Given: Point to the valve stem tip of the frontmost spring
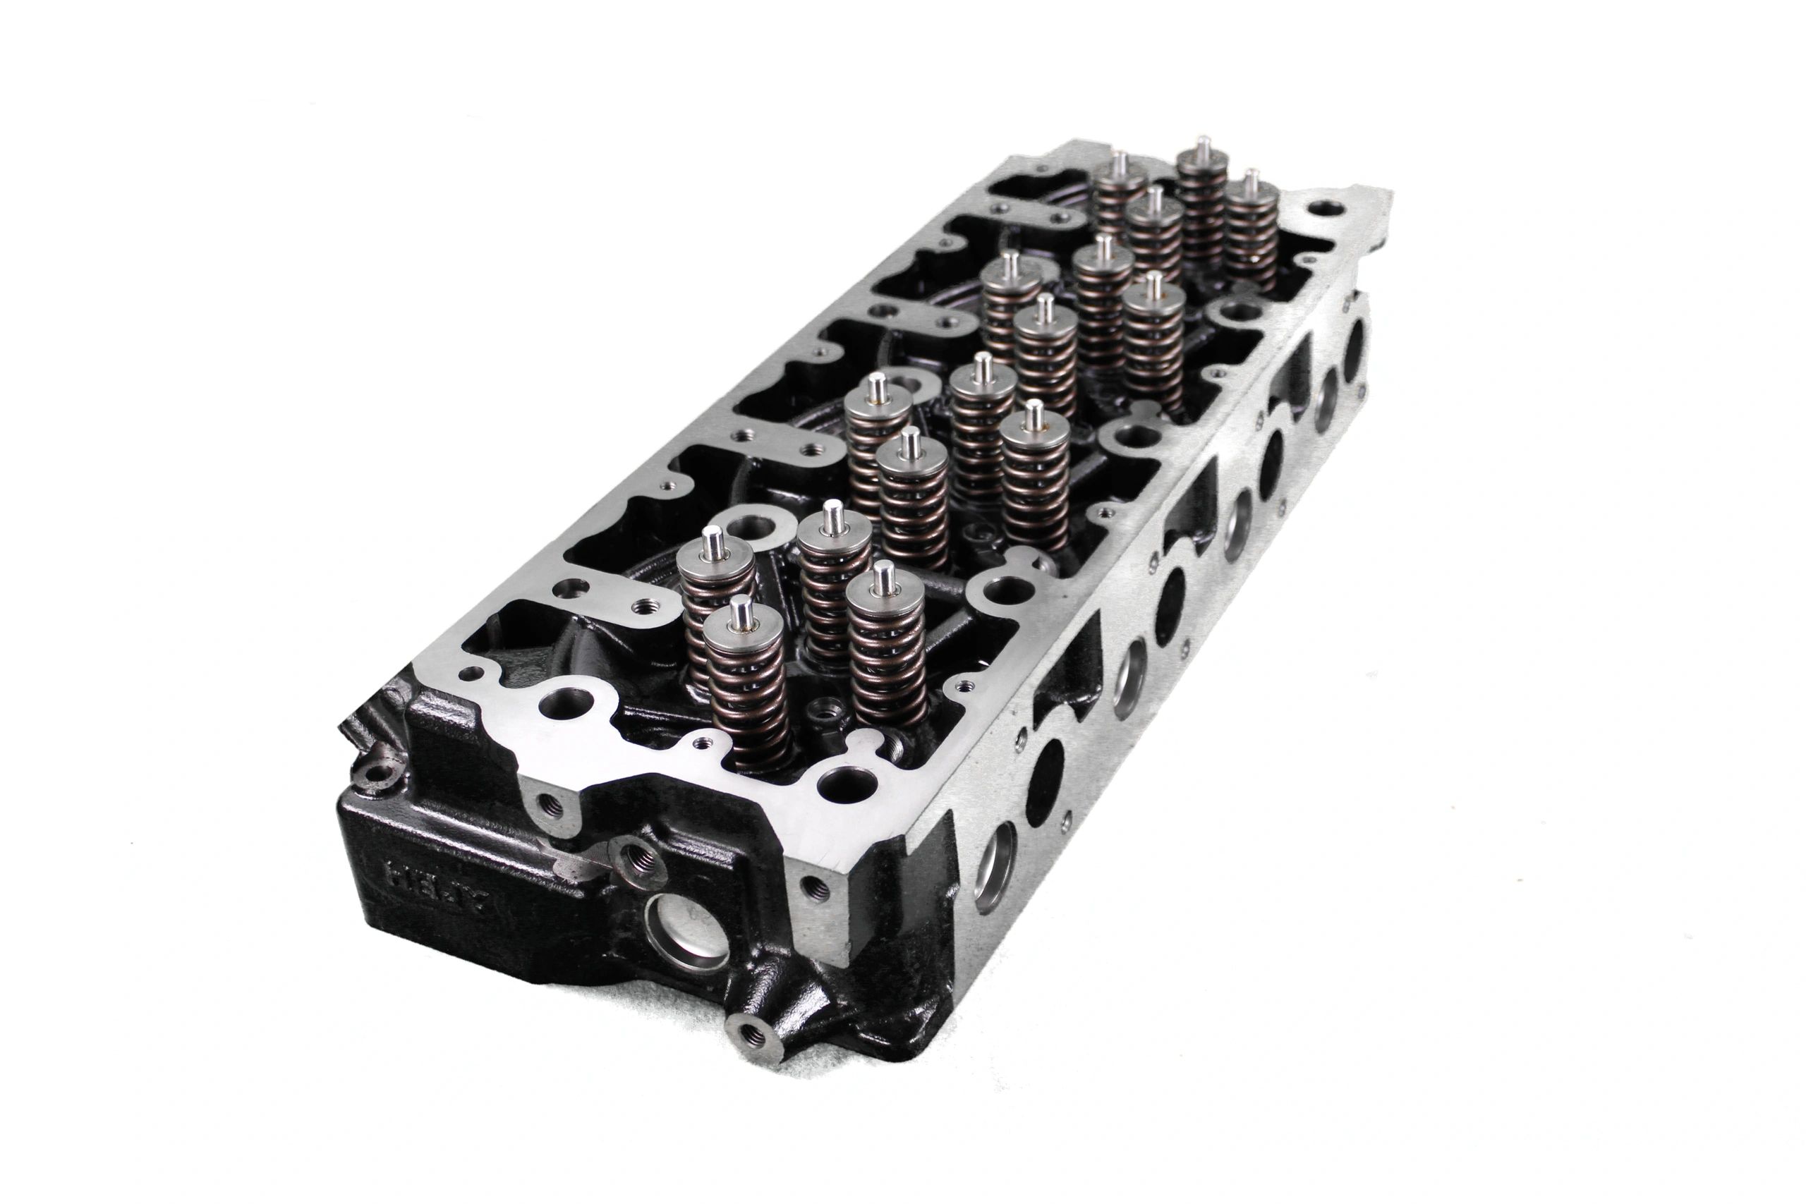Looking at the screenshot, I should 740,613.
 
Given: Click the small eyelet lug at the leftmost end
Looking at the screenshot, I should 380,772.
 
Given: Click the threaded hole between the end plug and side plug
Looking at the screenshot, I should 816,887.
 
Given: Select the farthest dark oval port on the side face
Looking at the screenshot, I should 1355,343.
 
